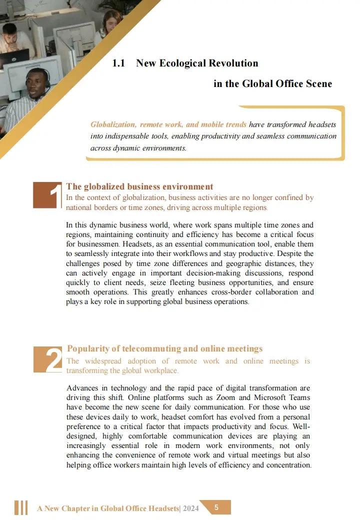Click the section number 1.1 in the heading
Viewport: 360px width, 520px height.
click(118, 63)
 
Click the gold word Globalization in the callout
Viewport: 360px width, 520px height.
click(113, 124)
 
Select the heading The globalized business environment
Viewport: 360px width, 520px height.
click(139, 186)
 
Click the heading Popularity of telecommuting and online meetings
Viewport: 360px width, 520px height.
click(164, 348)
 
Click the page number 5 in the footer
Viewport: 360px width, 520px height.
click(216, 507)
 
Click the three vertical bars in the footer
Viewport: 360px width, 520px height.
click(21, 507)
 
